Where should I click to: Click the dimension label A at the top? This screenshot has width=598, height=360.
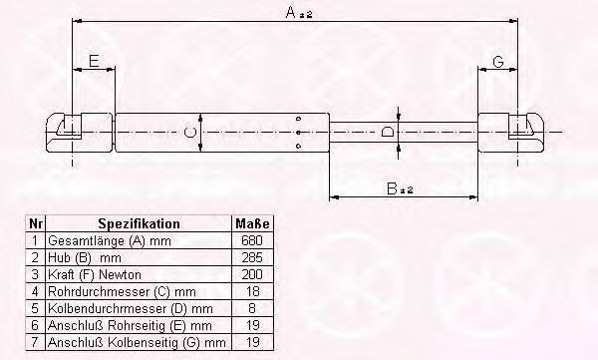290,11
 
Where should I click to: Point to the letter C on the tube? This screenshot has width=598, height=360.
189,132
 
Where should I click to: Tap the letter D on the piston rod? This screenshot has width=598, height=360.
388,131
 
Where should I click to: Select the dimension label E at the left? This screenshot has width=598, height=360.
93,62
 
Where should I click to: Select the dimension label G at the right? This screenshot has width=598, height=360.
497,62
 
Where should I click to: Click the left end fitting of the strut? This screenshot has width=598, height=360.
71,131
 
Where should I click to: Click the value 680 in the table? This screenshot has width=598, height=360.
251,241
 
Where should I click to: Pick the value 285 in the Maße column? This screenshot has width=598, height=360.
251,257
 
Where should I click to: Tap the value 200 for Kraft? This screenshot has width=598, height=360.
251,273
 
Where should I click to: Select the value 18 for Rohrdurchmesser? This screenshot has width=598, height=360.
251,290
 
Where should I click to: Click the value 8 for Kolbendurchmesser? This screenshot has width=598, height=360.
251,307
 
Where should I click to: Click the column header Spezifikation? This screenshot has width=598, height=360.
139,224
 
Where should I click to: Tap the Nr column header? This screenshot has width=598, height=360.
37,224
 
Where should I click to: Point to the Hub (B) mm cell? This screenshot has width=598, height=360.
80,257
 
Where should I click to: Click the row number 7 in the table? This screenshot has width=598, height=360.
37,341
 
